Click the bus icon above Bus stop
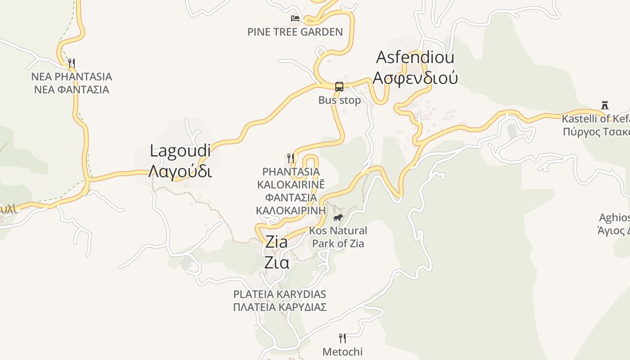tap(339, 87)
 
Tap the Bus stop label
tap(340, 100)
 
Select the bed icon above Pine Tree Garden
tap(295, 18)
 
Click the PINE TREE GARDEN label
tap(295, 32)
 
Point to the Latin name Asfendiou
tap(415, 58)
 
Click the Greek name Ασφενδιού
tap(415, 78)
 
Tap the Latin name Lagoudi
tap(180, 151)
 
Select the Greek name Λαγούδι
tap(180, 171)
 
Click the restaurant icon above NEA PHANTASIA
tap(72, 63)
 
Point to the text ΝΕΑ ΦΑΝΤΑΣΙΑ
tap(72, 90)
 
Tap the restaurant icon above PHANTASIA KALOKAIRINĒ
tap(291, 158)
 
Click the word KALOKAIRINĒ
tap(291, 184)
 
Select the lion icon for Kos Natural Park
tap(337, 218)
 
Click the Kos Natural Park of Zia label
tap(339, 237)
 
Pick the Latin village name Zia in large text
tap(276, 242)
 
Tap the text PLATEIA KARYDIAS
tap(279, 294)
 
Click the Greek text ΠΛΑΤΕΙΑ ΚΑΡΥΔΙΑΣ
tap(279, 307)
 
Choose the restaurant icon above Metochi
tap(342, 338)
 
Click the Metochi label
tap(342, 352)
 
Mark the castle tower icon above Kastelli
tap(605, 105)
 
